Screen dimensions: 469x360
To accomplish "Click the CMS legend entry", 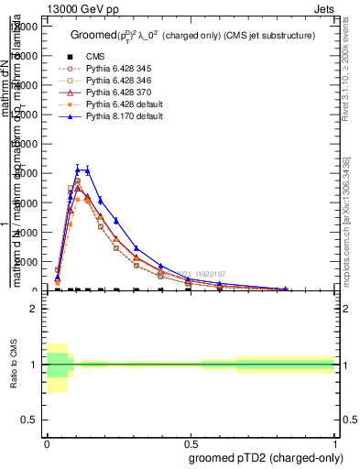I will tap(95, 57).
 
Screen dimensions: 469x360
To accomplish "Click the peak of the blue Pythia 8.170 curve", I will tap(79, 169).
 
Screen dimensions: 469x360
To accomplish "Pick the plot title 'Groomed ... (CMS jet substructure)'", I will tap(192, 35).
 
